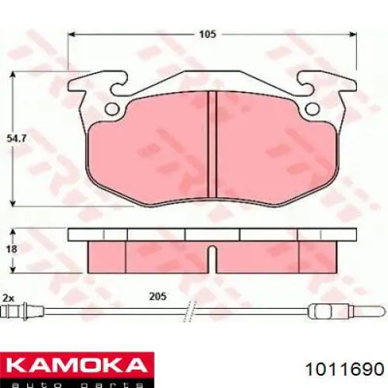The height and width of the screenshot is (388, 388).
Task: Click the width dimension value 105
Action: tap(206, 34)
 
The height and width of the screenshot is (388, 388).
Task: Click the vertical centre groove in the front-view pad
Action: tap(211, 147)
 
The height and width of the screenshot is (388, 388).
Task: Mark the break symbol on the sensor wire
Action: tap(186, 314)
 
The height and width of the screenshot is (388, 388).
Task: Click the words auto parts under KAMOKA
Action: tap(74, 381)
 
